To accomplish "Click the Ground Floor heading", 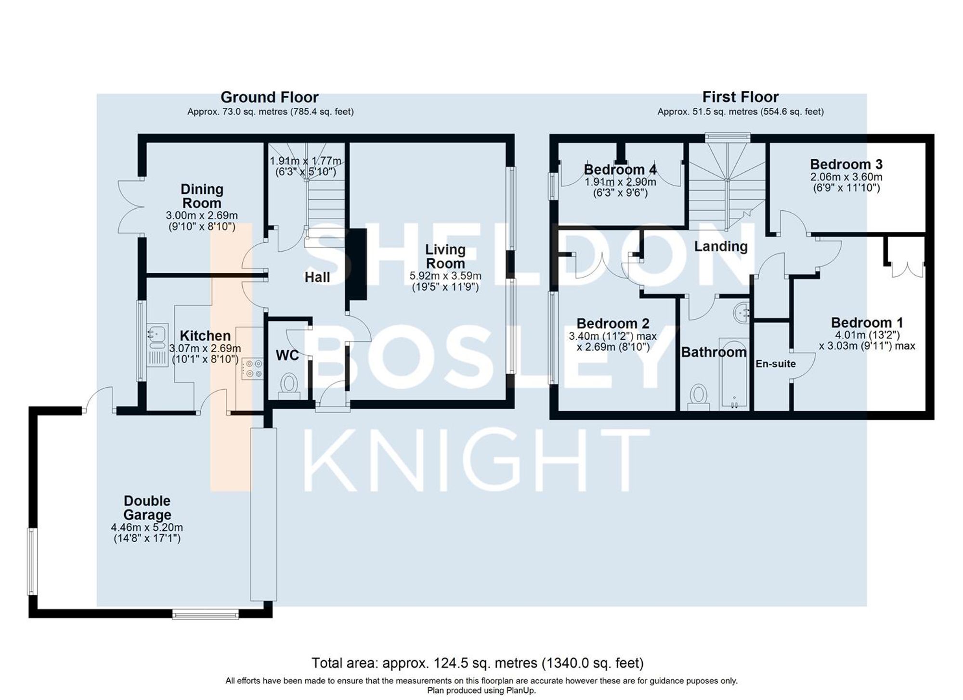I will coord(269,98).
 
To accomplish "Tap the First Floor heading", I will coord(740,98).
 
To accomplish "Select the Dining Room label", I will coord(202,196).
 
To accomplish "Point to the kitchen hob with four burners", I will coord(252,368).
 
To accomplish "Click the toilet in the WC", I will coord(289,385).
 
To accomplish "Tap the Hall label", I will coord(317,277).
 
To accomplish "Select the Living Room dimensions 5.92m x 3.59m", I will coord(445,276).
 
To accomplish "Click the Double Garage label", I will coord(147,508).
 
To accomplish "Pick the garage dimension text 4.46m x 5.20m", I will coord(147,528).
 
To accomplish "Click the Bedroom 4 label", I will coord(620,170).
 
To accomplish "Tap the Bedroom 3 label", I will coord(846,165).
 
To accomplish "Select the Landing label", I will coord(720,246).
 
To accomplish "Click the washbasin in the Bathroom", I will coord(742,313).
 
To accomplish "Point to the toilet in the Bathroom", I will coord(698,396).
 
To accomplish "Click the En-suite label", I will coord(775,364).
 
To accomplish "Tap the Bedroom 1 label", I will coord(867,322).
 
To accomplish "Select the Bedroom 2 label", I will coord(612,323).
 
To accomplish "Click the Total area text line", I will coord(477,663).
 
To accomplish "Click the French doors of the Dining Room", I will coord(131,208).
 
